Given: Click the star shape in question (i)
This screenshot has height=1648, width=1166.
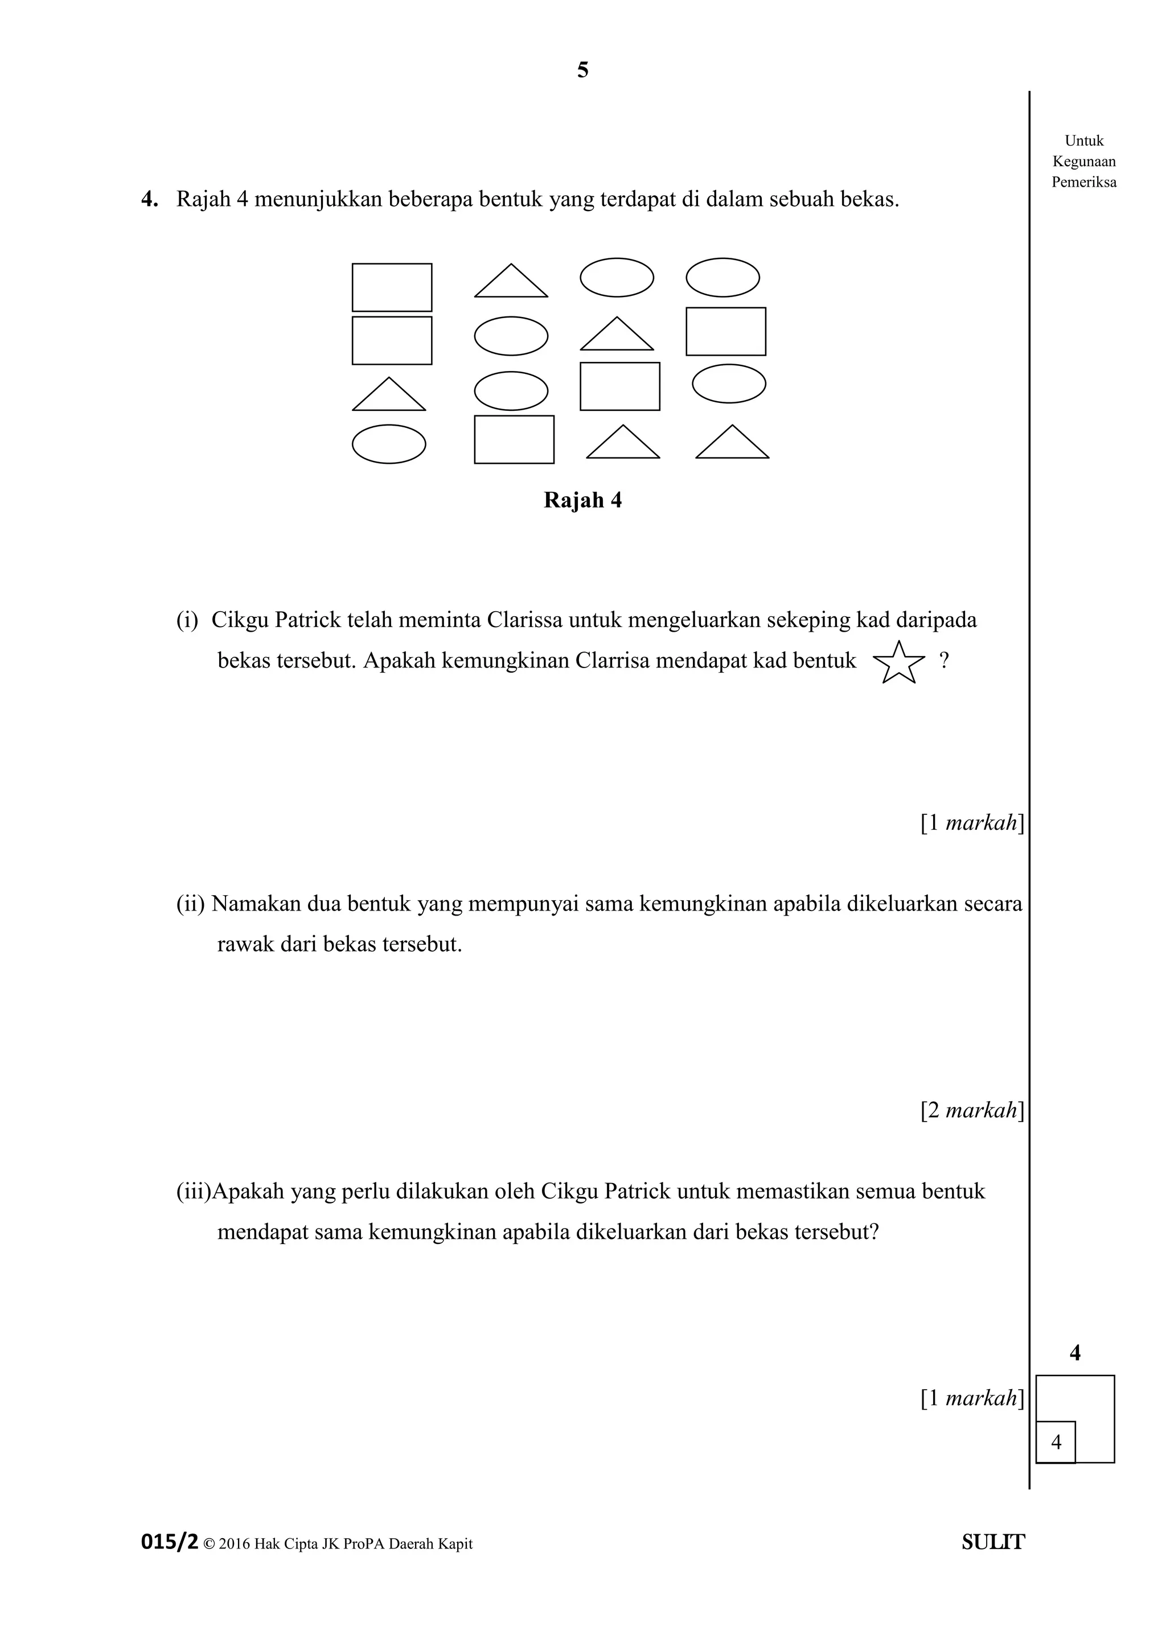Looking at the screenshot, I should [898, 662].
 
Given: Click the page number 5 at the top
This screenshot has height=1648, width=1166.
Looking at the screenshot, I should [583, 71].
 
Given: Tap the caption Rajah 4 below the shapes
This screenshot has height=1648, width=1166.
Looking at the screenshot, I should [582, 500].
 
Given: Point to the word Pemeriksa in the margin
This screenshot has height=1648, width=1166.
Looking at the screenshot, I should [1083, 182].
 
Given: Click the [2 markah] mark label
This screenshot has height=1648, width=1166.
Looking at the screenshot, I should [971, 1110].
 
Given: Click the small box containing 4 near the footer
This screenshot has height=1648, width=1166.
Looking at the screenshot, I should [1056, 1440].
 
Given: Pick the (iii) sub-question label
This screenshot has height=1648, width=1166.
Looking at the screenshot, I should [193, 1192].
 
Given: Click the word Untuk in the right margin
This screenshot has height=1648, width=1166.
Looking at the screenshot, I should [1083, 141].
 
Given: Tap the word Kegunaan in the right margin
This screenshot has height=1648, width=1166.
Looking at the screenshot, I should [1083, 162].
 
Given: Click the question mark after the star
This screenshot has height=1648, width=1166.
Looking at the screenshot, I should [944, 660].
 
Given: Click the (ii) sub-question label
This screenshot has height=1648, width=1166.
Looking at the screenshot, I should [191, 904].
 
